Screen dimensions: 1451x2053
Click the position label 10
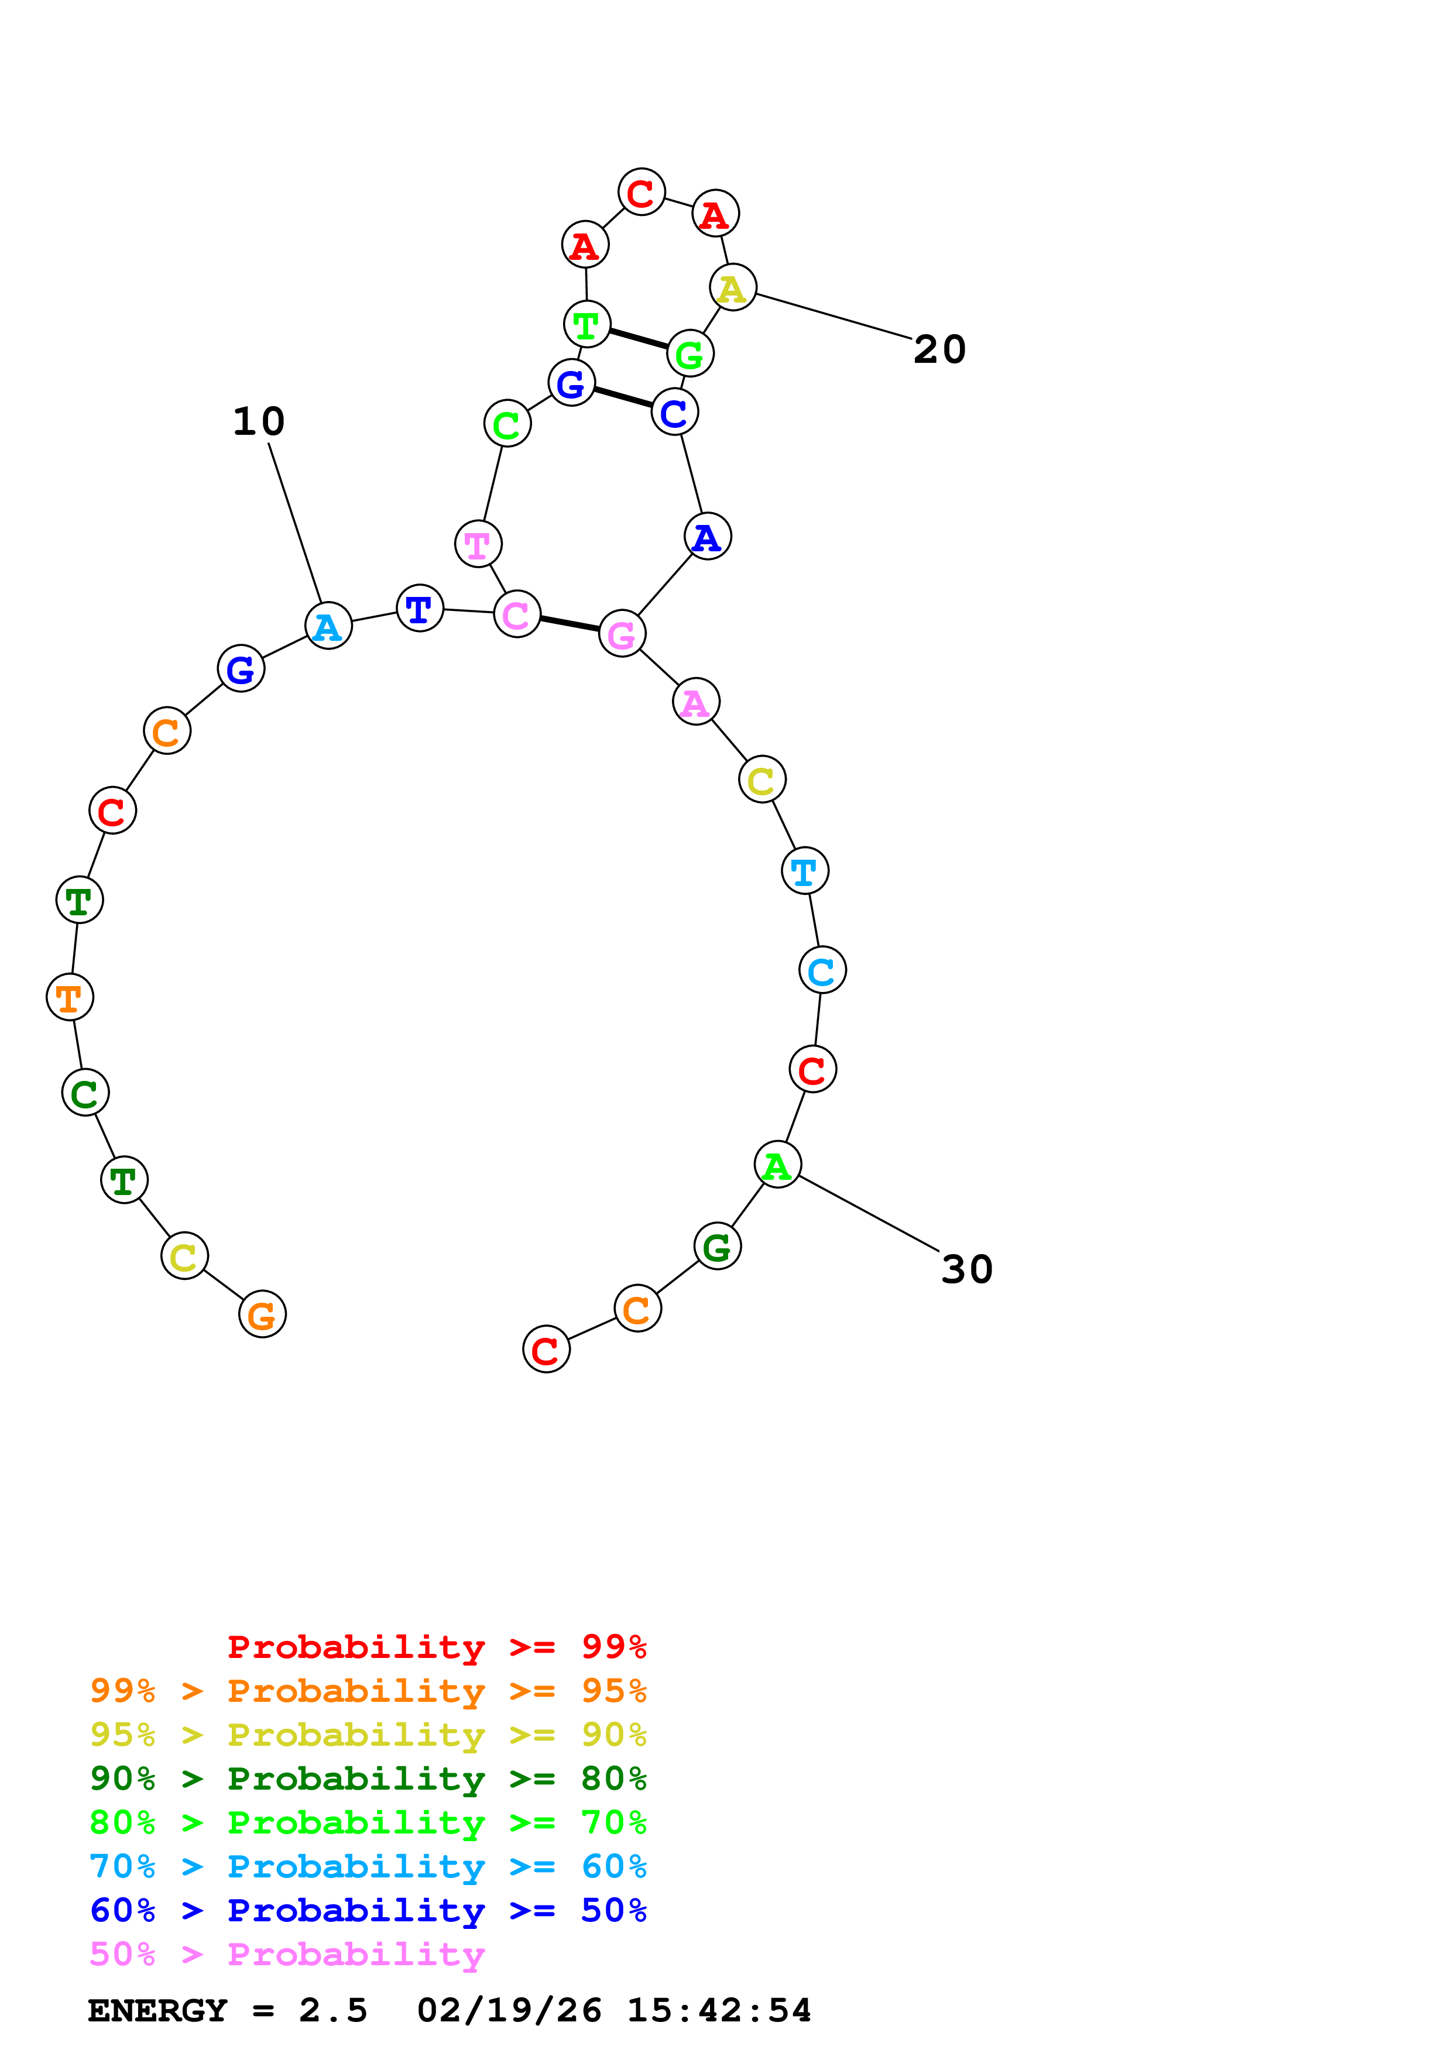[x=258, y=421]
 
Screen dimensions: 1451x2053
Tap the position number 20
[x=939, y=349]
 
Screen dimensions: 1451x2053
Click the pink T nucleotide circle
[x=478, y=544]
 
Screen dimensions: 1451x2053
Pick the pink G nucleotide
[x=622, y=634]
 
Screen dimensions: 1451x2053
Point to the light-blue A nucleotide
[x=328, y=626]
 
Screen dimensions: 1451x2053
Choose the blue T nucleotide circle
[x=419, y=609]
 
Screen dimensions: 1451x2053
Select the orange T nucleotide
[x=70, y=997]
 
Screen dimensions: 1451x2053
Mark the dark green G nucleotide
[x=717, y=1247]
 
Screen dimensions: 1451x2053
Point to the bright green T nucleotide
[x=586, y=325]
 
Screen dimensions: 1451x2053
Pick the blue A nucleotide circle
[x=707, y=537]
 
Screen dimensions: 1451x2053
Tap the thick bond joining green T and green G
[x=639, y=339]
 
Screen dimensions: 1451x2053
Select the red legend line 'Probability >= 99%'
[x=436, y=1647]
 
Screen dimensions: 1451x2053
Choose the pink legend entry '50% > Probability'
[x=287, y=1954]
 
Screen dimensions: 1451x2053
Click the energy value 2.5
[x=332, y=2011]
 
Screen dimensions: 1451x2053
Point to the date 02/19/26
[x=509, y=2011]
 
